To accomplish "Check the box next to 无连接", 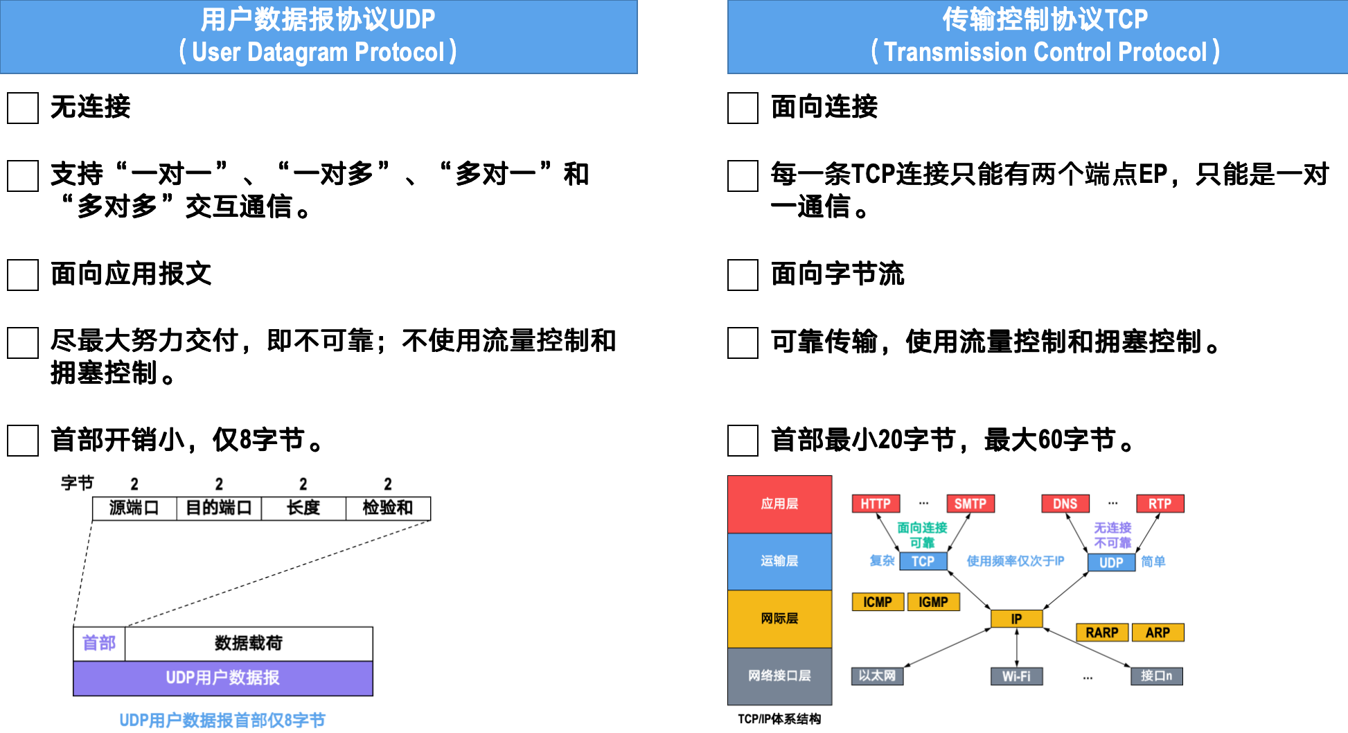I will (x=23, y=108).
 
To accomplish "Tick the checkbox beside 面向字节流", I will (x=743, y=275).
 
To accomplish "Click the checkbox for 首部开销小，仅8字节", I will (x=23, y=441).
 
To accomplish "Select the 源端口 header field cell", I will (x=134, y=509).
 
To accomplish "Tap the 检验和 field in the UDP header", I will (x=388, y=509).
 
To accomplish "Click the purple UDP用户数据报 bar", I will (x=222, y=678).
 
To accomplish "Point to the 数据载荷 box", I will (x=249, y=644).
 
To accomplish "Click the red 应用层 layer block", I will (x=779, y=504).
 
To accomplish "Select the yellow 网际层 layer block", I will (x=779, y=619).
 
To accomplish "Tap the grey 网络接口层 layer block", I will (x=779, y=675).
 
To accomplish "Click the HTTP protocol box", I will (x=876, y=504).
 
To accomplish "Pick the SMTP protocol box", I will (x=970, y=504).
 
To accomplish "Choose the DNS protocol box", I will (x=1065, y=504).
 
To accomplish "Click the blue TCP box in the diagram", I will (x=923, y=561).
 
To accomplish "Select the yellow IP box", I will (x=1016, y=619).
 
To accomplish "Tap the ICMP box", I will (x=877, y=602).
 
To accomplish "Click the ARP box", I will (x=1158, y=633).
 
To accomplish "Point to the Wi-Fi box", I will (x=1016, y=676).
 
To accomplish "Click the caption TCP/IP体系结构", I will (x=779, y=719).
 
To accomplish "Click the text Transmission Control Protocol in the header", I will (x=1045, y=53).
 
